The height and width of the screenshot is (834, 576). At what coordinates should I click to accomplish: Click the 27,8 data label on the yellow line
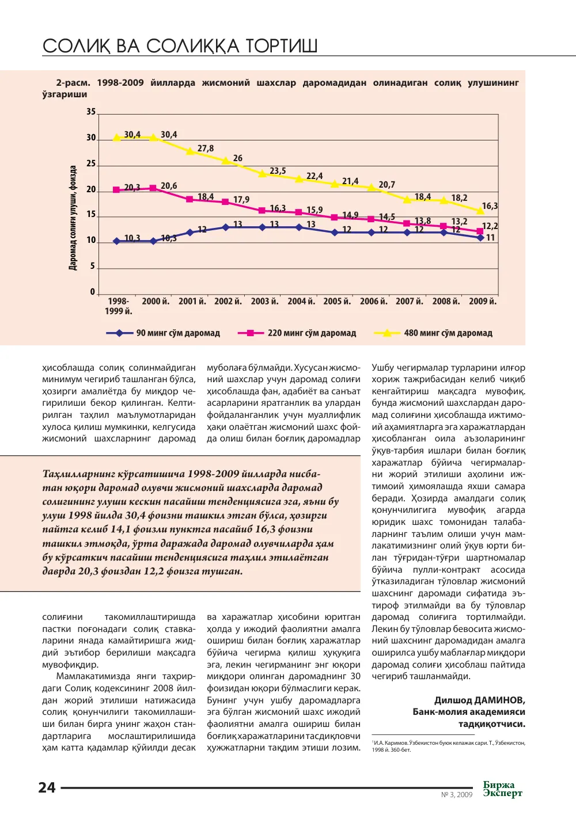205,148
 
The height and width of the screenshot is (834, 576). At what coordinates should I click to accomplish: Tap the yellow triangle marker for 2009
480,211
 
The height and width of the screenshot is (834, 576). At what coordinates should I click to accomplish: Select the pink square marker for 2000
153,188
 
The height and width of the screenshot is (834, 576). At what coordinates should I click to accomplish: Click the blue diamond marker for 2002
225,227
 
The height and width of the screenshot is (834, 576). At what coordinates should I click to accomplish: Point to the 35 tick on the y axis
91,112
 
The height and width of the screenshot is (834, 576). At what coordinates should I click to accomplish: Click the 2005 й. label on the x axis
337,301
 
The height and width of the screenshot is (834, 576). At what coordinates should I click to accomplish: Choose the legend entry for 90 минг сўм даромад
163,333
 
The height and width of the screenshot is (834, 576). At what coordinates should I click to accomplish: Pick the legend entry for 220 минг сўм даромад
297,333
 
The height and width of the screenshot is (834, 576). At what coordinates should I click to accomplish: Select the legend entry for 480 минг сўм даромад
433,333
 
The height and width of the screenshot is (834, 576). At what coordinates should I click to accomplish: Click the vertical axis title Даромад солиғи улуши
73,218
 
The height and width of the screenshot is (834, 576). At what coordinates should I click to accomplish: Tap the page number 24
47,787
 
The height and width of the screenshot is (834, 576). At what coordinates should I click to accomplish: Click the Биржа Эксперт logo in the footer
503,789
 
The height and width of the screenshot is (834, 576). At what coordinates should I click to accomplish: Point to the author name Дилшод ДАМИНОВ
480,700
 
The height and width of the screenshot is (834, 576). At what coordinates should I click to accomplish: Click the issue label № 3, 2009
456,794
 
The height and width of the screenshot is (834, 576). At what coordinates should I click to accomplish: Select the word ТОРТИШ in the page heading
282,46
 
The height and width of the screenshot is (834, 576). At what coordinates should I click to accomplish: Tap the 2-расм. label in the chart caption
73,83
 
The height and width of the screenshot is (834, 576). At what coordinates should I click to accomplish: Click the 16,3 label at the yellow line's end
490,206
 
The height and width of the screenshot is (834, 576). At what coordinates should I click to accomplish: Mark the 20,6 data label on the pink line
169,186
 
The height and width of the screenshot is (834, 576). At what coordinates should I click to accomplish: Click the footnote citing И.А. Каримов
448,746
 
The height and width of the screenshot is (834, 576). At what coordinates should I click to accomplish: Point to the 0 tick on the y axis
92,292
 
